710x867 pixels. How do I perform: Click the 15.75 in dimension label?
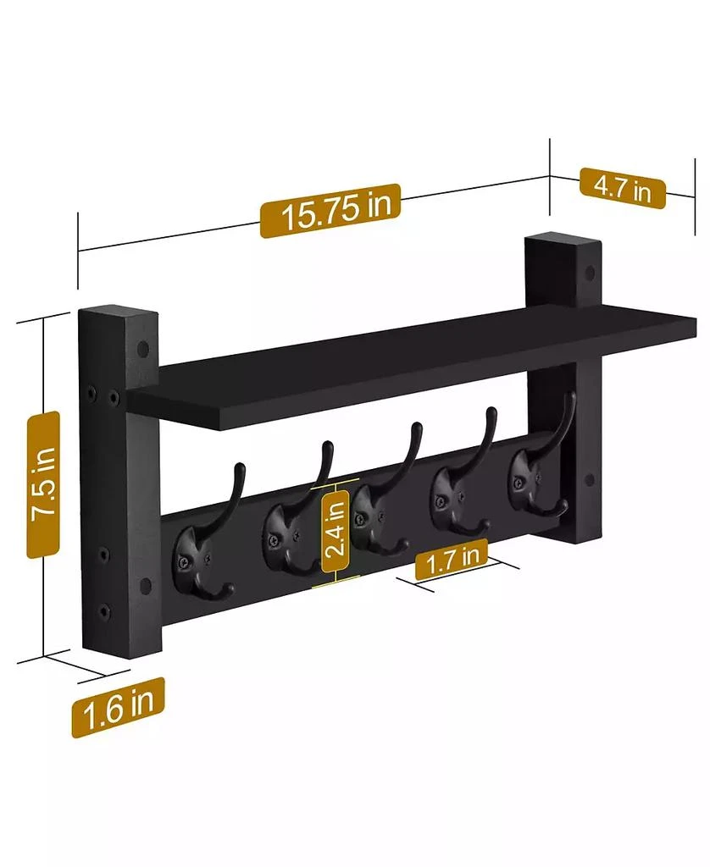(329, 211)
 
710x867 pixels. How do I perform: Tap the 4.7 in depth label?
(622, 187)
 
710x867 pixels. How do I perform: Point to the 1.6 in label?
(117, 707)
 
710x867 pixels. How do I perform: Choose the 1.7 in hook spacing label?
(452, 560)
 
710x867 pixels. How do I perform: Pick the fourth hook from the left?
(458, 495)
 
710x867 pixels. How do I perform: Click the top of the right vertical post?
(561, 241)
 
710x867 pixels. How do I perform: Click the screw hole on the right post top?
(588, 273)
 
